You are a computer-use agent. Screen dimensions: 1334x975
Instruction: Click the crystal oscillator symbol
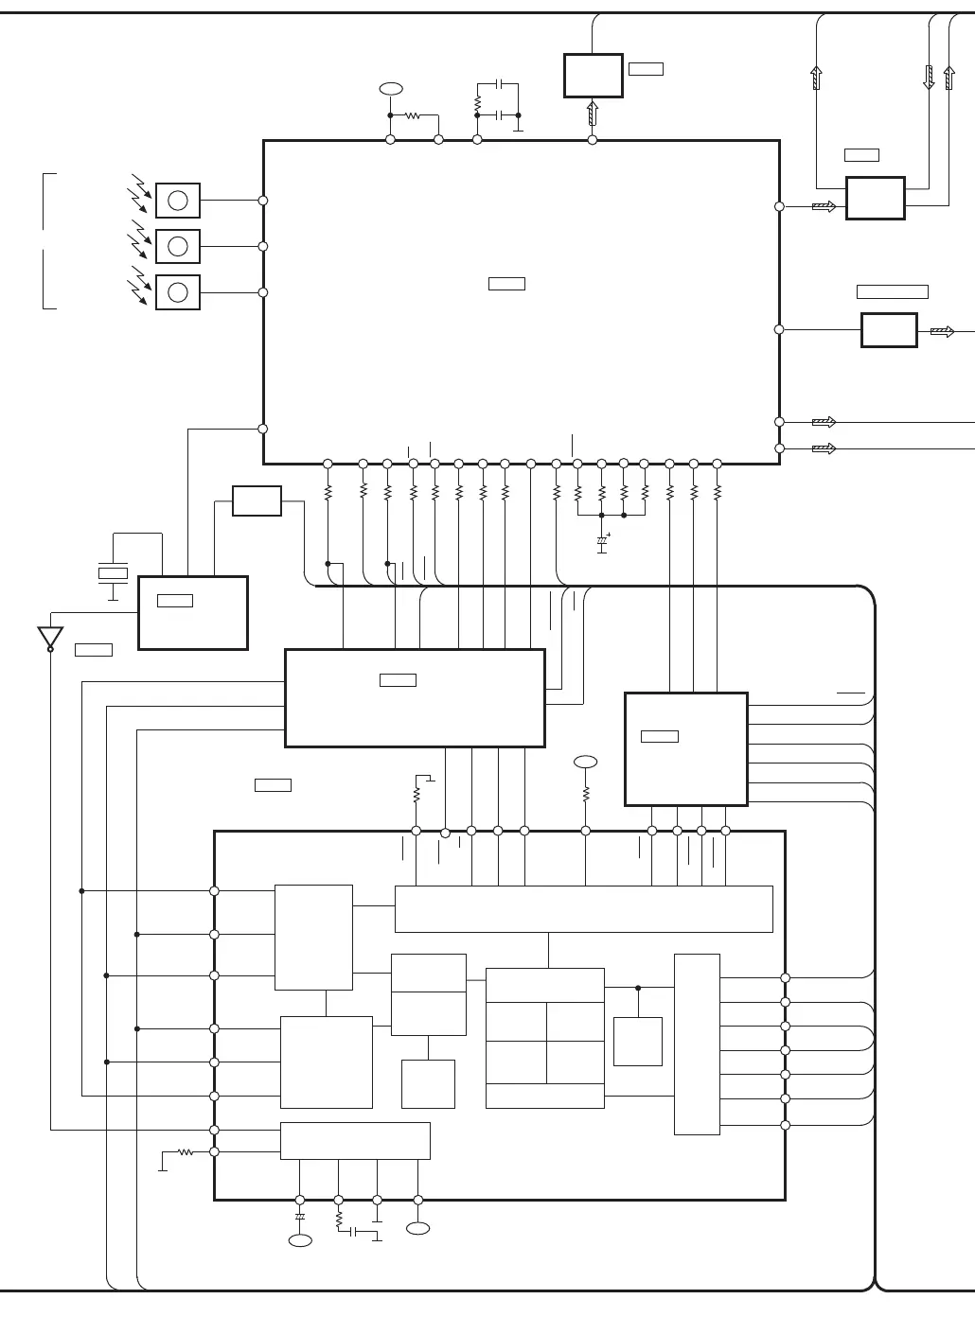[113, 572]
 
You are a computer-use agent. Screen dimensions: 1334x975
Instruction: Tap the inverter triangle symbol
[50, 638]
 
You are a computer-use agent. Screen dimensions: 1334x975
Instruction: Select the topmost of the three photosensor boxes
[178, 201]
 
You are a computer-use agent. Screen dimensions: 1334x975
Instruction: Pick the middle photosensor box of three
[178, 246]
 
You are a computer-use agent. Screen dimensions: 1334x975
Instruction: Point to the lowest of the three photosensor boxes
[178, 292]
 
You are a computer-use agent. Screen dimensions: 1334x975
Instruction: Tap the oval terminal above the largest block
[390, 89]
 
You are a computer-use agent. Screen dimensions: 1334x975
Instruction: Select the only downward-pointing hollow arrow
[929, 78]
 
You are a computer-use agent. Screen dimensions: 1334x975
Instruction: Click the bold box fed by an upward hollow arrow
[593, 76]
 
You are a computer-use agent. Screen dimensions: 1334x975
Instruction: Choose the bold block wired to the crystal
[193, 613]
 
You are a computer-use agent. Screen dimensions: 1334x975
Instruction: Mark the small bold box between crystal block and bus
[257, 500]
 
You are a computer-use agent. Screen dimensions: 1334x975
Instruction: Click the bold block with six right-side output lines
[686, 749]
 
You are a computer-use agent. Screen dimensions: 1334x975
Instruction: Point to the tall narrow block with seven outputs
[697, 1044]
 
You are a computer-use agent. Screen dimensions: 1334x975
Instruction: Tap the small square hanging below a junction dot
[638, 1042]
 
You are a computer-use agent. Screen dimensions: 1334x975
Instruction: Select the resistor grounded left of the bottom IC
[186, 1152]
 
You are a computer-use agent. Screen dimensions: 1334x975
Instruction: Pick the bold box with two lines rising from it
[876, 199]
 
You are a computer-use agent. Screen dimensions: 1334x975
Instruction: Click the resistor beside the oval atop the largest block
[413, 115]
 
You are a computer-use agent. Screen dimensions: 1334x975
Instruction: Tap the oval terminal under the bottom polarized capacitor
[300, 1240]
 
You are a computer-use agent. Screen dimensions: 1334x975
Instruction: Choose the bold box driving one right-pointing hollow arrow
[889, 330]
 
